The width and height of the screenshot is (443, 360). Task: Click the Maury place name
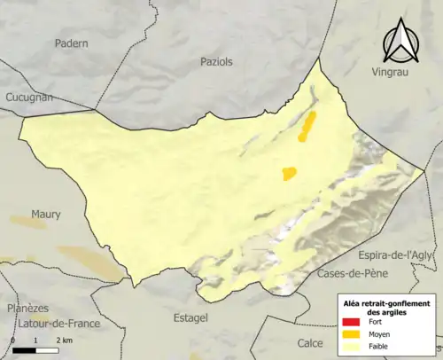point(46,215)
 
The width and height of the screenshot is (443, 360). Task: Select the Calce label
point(309,342)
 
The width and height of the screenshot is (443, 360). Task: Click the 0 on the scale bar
point(13,340)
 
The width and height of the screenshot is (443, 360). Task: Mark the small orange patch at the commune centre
point(289,174)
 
